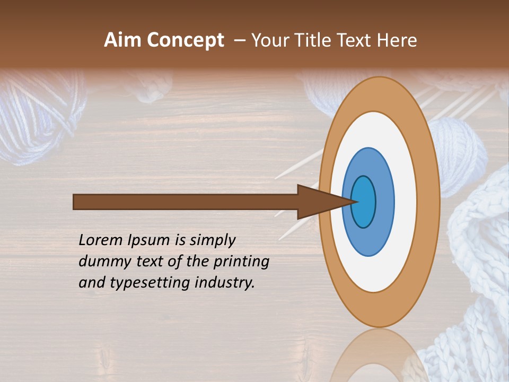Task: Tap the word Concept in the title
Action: point(186,41)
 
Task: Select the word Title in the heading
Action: point(312,40)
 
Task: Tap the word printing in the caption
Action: point(241,262)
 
